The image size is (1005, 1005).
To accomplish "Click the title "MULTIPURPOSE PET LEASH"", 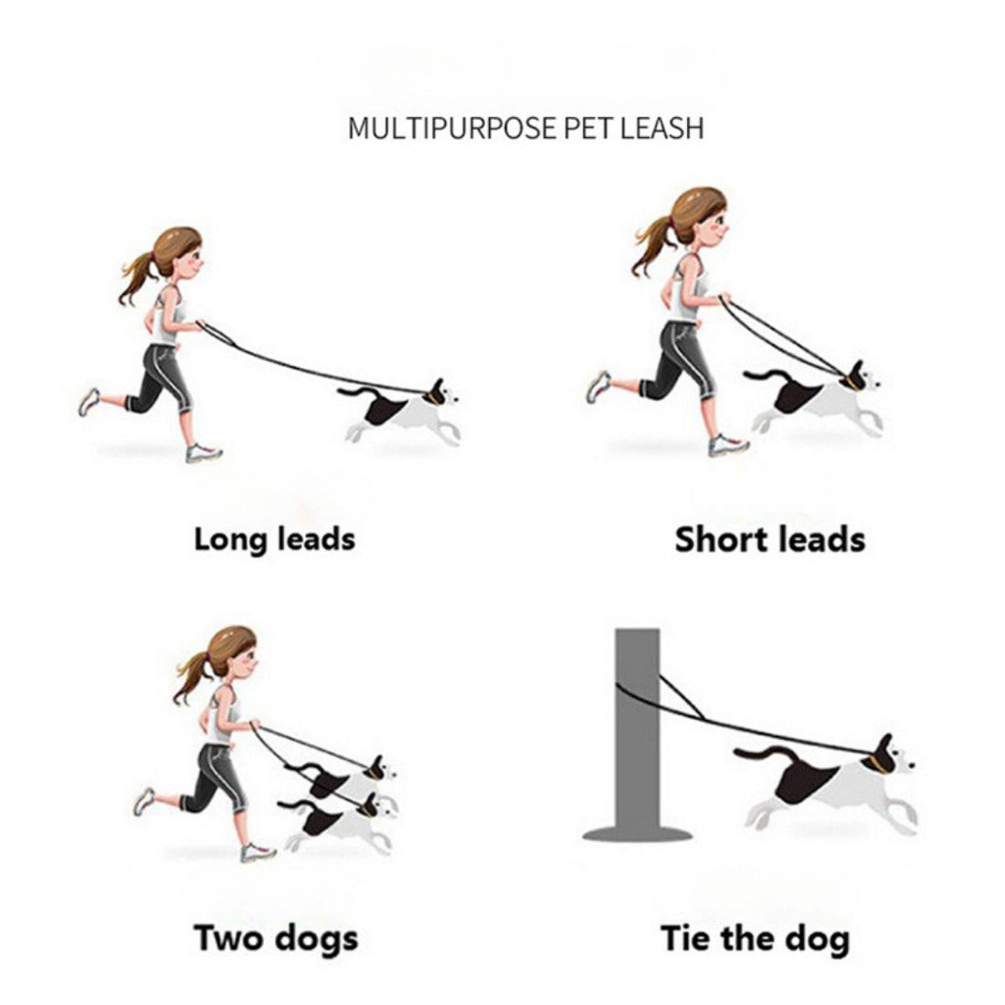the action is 525,128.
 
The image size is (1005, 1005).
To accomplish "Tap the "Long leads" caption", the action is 274,539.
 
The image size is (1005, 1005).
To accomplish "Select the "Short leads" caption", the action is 770,539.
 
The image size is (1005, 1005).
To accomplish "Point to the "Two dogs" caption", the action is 276,939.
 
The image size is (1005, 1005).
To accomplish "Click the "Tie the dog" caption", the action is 755,939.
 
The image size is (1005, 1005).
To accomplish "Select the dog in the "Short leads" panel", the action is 814,397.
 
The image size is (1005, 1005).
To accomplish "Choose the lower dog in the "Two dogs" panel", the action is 340,823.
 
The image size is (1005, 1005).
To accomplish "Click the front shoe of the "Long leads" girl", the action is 204,453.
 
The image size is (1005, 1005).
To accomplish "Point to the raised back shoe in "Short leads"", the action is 598,386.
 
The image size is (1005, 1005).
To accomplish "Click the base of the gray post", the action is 638,834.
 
